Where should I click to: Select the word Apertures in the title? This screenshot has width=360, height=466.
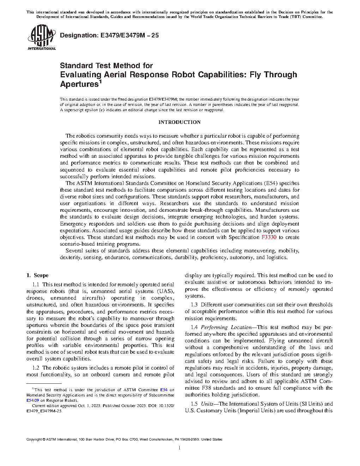79,84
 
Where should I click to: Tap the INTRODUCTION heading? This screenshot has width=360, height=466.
180,122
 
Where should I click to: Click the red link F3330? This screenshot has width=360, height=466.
269,237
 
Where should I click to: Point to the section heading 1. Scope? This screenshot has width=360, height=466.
37,275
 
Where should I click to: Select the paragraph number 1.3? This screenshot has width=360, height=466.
194,305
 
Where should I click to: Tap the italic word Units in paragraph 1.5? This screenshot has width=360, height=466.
207,404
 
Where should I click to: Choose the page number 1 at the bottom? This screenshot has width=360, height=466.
180,448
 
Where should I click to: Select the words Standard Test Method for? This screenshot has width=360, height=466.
106,66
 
